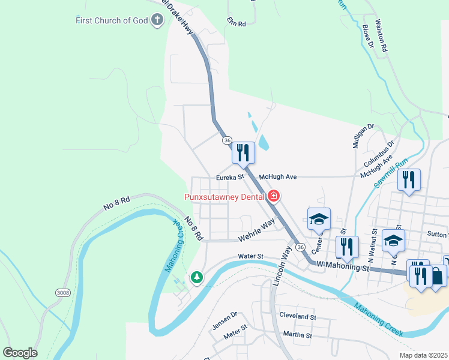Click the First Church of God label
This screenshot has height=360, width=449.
[x=111, y=21]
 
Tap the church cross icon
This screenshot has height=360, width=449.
[x=157, y=21]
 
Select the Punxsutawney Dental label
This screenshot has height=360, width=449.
[x=226, y=196]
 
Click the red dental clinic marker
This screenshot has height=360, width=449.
[x=274, y=196]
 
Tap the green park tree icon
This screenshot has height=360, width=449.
[x=196, y=277]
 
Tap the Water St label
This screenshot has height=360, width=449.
[x=250, y=256]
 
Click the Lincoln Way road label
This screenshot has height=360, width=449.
[x=280, y=264]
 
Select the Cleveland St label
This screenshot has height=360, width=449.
[x=297, y=316]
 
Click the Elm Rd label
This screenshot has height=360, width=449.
[x=237, y=23]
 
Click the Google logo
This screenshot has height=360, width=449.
[x=20, y=353]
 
